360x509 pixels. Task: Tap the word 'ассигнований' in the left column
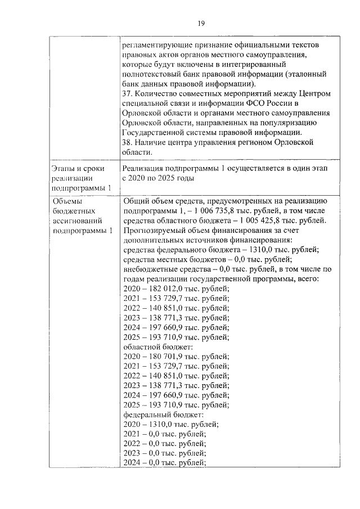click(x=76, y=221)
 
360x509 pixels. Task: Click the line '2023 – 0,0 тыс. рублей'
click(x=164, y=453)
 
